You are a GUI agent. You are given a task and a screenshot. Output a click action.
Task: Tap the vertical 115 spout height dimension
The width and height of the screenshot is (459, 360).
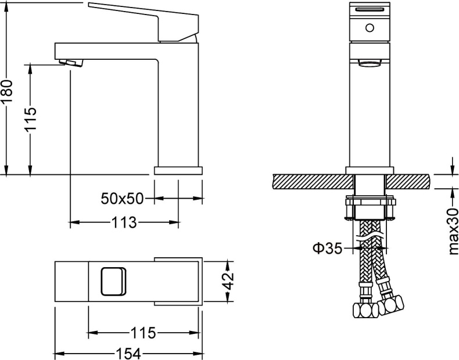pyautogui.click(x=31, y=119)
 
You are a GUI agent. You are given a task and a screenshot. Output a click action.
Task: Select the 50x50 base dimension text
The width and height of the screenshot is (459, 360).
pyautogui.click(x=122, y=199)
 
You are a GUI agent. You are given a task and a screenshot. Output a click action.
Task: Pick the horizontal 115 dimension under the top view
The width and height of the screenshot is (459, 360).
pyautogui.click(x=143, y=333)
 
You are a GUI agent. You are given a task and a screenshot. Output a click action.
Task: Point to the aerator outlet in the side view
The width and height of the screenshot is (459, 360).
pyautogui.click(x=70, y=62)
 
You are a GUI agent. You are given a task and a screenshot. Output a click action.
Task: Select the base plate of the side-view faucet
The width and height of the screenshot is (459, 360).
pyautogui.click(x=178, y=170)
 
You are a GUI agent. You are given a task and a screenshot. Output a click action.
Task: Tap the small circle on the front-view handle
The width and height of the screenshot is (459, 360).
pyautogui.click(x=369, y=27)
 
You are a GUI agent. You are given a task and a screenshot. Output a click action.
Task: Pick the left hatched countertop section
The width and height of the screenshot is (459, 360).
pyautogui.click(x=311, y=181)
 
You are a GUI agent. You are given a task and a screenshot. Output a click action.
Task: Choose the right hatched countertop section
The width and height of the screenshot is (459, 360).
pyautogui.click(x=409, y=181)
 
